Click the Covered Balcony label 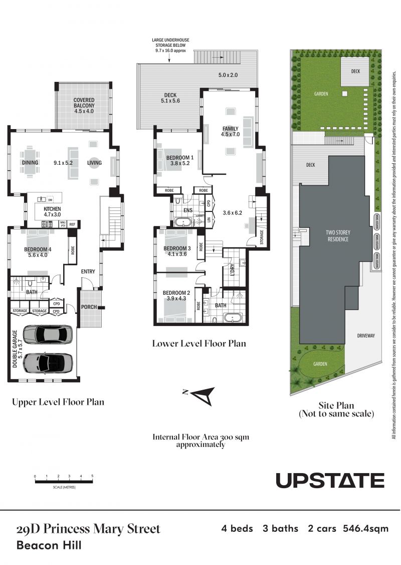point(84,105)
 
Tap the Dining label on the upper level point(30,163)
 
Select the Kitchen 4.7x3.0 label point(52,211)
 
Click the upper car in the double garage point(48,334)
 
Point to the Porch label point(89,307)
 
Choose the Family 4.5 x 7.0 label point(230,131)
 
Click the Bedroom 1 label point(180,160)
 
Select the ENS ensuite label point(188,210)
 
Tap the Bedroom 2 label point(176,295)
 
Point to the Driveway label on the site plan point(366,335)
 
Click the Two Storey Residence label point(338,236)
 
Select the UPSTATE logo point(330,480)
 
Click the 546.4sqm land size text point(366,529)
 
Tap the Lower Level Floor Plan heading point(199,344)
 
